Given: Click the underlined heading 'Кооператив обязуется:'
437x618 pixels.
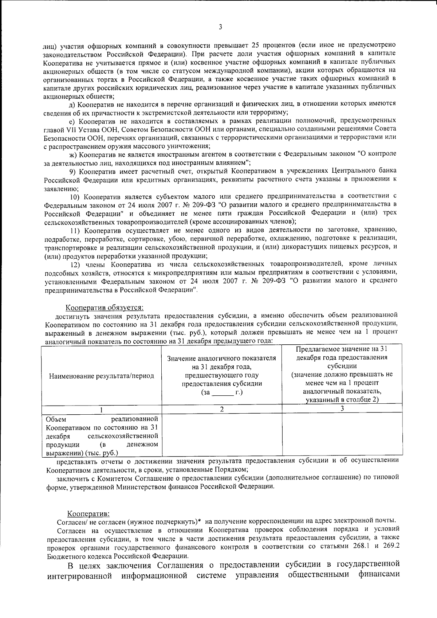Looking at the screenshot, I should coord(104,308).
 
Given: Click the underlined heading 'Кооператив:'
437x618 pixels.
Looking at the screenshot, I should coord(88,514).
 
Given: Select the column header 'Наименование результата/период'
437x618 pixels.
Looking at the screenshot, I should coord(102,376).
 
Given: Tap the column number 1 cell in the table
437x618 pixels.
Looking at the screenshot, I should coord(102,409).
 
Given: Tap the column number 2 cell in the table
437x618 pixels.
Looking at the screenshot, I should coord(222,409).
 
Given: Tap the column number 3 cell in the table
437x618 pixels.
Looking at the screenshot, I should coord(342,409).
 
